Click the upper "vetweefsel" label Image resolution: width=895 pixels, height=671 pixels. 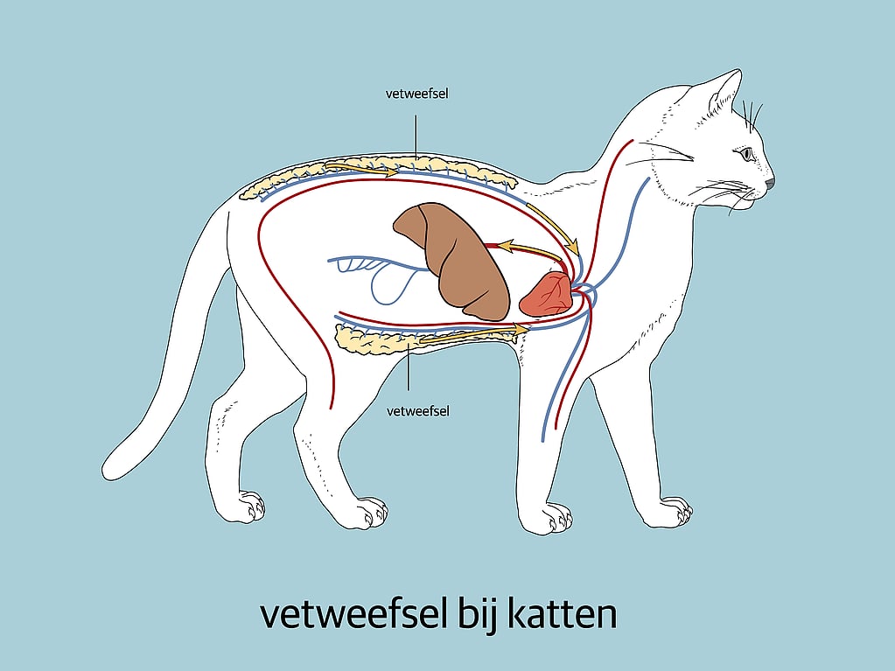point(416,94)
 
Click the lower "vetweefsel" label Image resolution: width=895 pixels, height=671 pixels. point(418,411)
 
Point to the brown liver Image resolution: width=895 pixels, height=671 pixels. point(452,260)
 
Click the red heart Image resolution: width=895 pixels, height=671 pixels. point(547,294)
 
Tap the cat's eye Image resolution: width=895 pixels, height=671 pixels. point(747,153)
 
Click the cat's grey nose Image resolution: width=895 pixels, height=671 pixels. point(770,183)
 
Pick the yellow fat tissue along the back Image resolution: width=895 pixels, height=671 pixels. point(378,174)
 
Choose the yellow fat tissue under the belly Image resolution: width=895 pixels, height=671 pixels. point(425,339)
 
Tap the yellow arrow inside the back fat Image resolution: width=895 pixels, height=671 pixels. point(360,169)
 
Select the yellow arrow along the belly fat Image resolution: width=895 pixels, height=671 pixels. point(474,334)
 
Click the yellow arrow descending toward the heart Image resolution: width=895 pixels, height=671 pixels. point(553,228)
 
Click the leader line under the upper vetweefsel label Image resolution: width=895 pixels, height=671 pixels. point(416,136)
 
